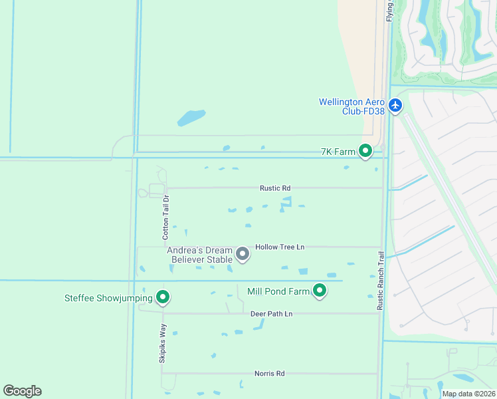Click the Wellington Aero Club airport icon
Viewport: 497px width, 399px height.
click(396, 105)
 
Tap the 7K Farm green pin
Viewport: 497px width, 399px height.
click(365, 152)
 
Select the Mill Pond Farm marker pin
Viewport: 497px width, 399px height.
click(320, 291)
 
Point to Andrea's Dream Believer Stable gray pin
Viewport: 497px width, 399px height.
click(243, 253)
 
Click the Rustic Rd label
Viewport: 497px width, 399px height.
click(275, 188)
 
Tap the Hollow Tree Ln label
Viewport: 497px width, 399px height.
click(280, 247)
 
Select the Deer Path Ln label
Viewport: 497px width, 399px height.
click(271, 313)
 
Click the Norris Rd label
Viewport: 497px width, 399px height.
click(269, 374)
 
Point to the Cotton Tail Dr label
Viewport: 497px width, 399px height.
click(167, 213)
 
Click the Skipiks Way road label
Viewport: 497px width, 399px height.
click(162, 343)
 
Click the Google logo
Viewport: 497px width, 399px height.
click(22, 391)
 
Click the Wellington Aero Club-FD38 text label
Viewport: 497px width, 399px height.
click(351, 106)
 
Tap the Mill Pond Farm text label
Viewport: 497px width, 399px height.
click(278, 291)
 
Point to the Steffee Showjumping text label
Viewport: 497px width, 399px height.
click(108, 299)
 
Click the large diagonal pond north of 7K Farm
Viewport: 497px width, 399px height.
click(192, 118)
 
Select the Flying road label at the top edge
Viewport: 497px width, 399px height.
click(389, 11)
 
